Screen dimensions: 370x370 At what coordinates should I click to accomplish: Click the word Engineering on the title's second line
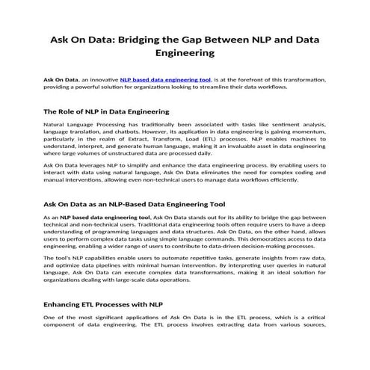[185, 53]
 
